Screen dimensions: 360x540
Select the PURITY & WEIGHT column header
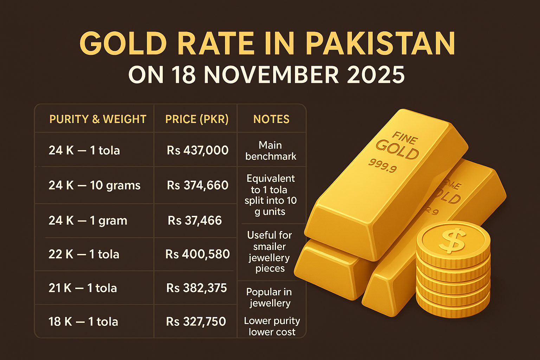pyautogui.click(x=98, y=119)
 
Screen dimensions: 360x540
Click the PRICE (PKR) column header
pyautogui.click(x=197, y=119)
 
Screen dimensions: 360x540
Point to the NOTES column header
pyautogui.click(x=271, y=119)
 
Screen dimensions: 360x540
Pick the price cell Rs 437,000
pyautogui.click(x=198, y=150)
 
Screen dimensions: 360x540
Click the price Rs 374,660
pyautogui.click(x=198, y=185)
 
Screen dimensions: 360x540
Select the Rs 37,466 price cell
pyautogui.click(x=195, y=220)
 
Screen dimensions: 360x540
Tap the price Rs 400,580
pyautogui.click(x=198, y=254)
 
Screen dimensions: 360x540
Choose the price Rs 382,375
pyautogui.click(x=197, y=288)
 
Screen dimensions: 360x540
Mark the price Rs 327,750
pyautogui.click(x=196, y=322)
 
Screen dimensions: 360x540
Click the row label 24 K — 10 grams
pyautogui.click(x=94, y=185)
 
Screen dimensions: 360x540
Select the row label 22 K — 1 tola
pyautogui.click(x=84, y=254)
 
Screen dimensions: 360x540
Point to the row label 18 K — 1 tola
pyautogui.click(x=83, y=322)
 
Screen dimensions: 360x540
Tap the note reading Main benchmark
pyautogui.click(x=271, y=151)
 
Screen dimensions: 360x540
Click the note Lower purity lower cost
pyautogui.click(x=272, y=326)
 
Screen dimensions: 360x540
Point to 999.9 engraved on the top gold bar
pyautogui.click(x=383, y=166)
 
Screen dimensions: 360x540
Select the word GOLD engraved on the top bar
pyautogui.click(x=397, y=149)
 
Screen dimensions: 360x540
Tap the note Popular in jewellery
pyautogui.click(x=269, y=297)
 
